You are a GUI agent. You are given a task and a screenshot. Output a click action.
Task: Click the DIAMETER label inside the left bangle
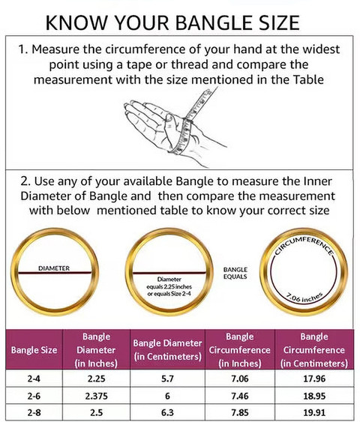(x=54, y=268)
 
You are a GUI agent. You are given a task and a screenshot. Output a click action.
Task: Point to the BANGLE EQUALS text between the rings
(x=235, y=273)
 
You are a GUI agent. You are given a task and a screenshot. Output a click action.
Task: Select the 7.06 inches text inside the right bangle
(x=304, y=298)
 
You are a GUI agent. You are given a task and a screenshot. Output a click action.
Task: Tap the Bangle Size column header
(x=34, y=350)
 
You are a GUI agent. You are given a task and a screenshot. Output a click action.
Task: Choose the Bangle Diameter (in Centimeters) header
(x=167, y=349)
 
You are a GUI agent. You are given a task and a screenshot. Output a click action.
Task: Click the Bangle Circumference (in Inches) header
(x=240, y=350)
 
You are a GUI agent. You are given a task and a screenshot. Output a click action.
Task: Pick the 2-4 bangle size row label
(x=34, y=379)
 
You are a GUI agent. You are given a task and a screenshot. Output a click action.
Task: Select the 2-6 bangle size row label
(x=34, y=396)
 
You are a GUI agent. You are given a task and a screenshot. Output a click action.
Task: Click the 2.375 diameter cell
(x=97, y=396)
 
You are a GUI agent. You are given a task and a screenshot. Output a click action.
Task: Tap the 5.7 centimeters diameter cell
(x=167, y=379)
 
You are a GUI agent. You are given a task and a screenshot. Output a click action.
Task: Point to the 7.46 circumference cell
(x=240, y=396)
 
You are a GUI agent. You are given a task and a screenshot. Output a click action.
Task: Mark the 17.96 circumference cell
(x=314, y=379)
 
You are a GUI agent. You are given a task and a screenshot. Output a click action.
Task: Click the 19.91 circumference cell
(x=314, y=412)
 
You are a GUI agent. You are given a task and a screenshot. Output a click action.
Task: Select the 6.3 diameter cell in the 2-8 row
(x=167, y=412)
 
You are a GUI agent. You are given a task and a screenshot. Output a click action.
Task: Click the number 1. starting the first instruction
(x=23, y=49)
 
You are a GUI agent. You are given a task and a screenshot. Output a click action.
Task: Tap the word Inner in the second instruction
(x=318, y=181)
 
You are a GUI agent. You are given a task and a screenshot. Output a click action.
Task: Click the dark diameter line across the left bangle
(x=55, y=273)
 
